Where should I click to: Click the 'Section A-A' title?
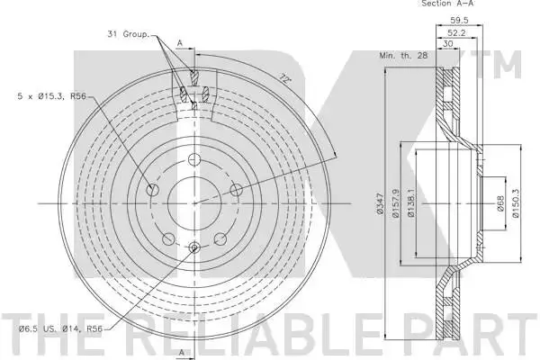[x=447, y=4]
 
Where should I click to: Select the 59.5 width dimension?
[x=459, y=21]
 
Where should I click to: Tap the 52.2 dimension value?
[x=456, y=32]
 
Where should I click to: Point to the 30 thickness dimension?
[x=447, y=44]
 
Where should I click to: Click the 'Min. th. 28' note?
[x=403, y=55]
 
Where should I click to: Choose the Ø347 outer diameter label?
[x=380, y=204]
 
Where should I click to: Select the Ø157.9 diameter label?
[x=395, y=203]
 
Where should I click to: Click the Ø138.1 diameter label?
[x=411, y=203]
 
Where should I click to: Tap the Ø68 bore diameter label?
[x=500, y=203]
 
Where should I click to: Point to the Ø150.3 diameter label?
[x=516, y=203]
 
